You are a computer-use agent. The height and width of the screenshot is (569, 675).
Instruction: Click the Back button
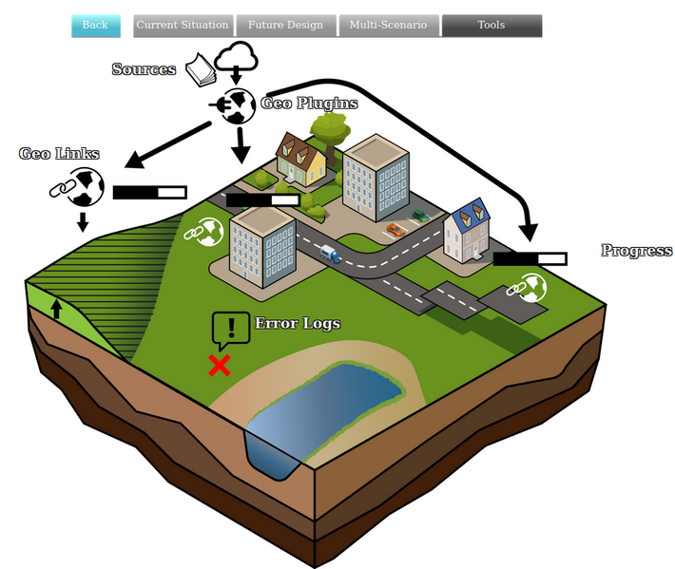(95, 26)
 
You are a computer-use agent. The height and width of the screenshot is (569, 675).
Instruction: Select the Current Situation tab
(183, 26)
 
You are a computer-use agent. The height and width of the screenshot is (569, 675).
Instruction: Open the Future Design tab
(285, 26)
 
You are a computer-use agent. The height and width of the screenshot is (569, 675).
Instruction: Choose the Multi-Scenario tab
(388, 26)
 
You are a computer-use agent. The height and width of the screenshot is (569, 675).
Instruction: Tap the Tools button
(492, 26)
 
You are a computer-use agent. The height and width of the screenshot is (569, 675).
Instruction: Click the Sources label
(144, 69)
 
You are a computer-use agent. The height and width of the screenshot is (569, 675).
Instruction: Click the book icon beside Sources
(201, 69)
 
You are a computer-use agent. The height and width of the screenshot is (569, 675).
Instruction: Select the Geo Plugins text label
(309, 104)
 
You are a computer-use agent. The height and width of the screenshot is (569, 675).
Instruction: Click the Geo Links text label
(59, 154)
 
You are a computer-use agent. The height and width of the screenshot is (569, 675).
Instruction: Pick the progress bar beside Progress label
(530, 258)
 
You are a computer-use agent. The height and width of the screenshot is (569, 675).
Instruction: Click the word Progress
(636, 251)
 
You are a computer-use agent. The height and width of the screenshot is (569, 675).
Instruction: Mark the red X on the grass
(220, 365)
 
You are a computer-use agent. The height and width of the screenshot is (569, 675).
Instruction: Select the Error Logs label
(297, 324)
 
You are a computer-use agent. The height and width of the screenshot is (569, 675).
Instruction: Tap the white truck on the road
(329, 254)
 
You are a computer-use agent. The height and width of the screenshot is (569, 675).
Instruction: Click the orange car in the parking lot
(394, 230)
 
